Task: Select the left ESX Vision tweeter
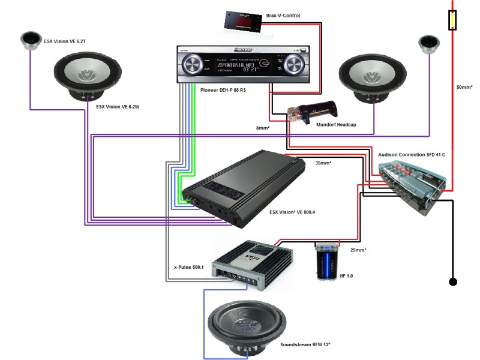coord(29,40)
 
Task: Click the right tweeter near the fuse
coord(428,44)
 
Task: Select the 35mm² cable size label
coord(323,162)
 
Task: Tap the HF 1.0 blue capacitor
coord(327,261)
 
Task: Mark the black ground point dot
coord(453,281)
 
